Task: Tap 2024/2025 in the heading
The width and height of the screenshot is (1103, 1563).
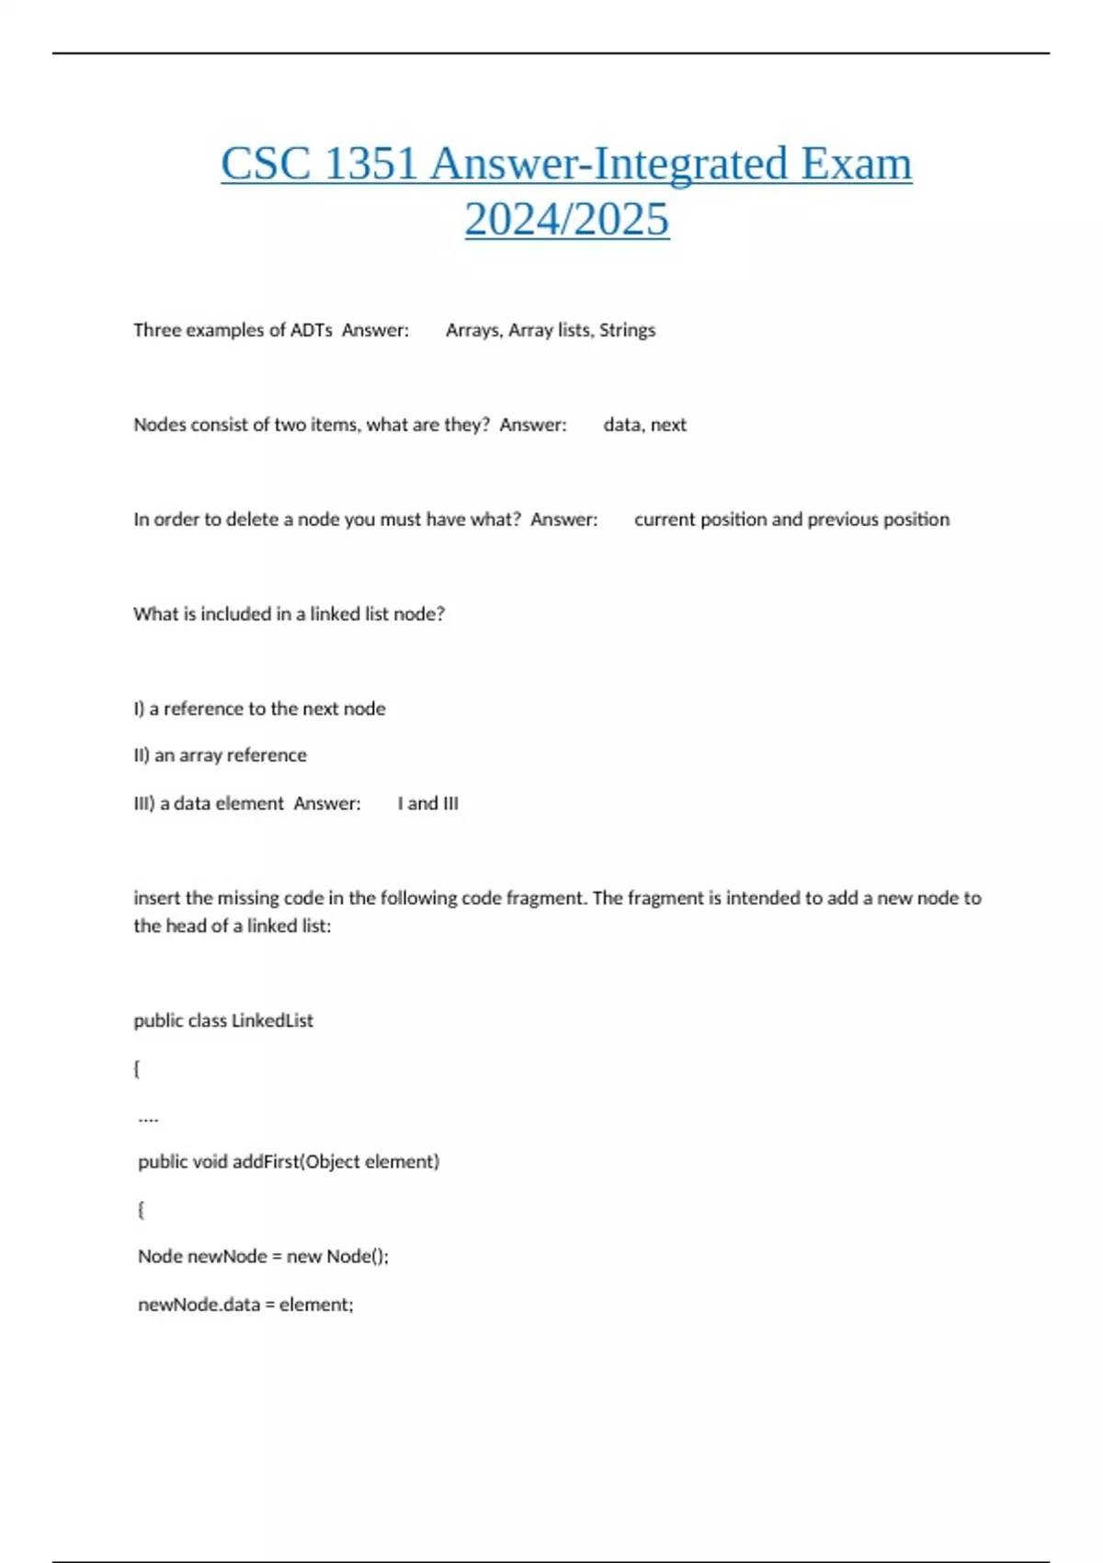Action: (x=566, y=220)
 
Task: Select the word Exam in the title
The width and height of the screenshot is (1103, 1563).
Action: (x=856, y=165)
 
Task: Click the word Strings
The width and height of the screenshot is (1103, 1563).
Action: (x=627, y=330)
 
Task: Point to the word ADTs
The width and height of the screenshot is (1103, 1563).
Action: (x=312, y=330)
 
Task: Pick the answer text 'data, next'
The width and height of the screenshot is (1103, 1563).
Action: (x=644, y=425)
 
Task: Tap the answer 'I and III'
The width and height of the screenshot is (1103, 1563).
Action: (x=427, y=804)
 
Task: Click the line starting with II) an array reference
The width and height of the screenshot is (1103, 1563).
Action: (x=221, y=756)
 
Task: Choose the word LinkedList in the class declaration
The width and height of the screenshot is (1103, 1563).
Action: (x=272, y=1021)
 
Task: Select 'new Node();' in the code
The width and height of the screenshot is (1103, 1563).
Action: (x=337, y=1257)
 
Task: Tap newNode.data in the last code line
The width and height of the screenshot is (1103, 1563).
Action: (x=199, y=1305)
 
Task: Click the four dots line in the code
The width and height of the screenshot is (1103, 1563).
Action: (x=148, y=1118)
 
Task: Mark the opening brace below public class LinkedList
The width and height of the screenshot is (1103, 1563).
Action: (x=137, y=1068)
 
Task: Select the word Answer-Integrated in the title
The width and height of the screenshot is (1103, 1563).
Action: (x=608, y=165)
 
